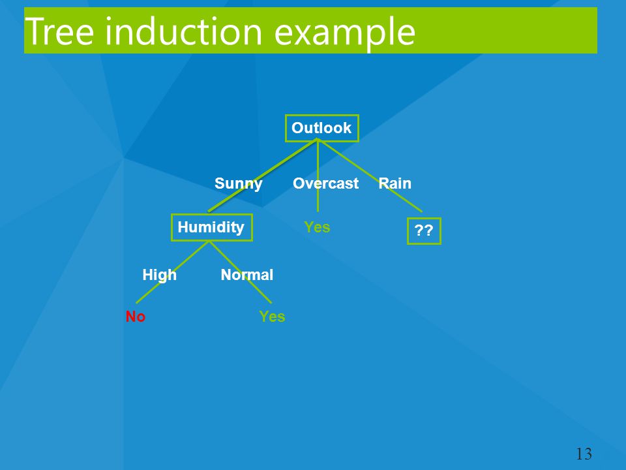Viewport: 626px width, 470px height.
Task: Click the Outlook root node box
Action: point(321,129)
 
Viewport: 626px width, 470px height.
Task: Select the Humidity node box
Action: point(211,227)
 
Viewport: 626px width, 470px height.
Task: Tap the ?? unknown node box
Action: point(424,230)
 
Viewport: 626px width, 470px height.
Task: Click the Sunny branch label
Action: point(239,184)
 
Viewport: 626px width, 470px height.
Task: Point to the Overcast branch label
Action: point(326,183)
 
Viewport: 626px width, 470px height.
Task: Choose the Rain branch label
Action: point(395,183)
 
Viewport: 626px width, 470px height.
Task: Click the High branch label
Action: point(159,275)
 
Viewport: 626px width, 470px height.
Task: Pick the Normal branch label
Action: point(247,275)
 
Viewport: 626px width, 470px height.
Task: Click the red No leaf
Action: point(136,317)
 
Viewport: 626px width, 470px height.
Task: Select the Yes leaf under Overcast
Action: point(317,227)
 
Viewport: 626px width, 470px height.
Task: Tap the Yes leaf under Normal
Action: point(272,317)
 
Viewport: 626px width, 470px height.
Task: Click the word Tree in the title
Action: point(59,31)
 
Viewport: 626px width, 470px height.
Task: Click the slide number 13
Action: point(584,454)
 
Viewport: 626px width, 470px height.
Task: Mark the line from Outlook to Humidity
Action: point(263,176)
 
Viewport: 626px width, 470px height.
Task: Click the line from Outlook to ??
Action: point(370,176)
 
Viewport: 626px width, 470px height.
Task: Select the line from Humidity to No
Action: point(172,272)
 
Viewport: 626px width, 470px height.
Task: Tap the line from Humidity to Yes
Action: point(241,272)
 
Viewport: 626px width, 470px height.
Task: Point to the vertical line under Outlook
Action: point(318,176)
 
